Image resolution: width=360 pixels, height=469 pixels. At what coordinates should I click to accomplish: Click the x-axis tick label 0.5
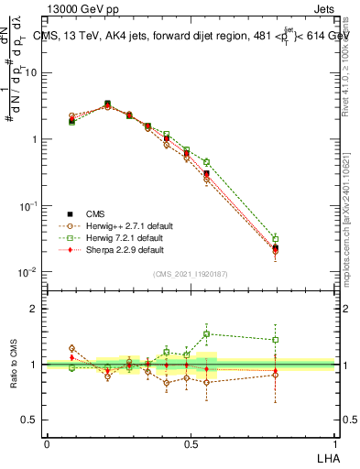tap(190, 442)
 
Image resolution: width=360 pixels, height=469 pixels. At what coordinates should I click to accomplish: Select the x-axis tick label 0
tap(47, 442)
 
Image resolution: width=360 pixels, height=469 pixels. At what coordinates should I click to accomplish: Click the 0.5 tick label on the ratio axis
tap(32, 420)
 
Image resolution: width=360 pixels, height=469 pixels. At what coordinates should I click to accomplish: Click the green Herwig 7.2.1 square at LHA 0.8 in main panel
tap(276, 239)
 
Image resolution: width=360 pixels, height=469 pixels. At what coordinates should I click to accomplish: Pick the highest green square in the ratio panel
tap(207, 334)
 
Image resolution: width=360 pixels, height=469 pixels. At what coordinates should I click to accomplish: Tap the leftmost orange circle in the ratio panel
tap(72, 348)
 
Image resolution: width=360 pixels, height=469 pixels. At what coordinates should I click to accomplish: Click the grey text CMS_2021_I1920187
tap(190, 273)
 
